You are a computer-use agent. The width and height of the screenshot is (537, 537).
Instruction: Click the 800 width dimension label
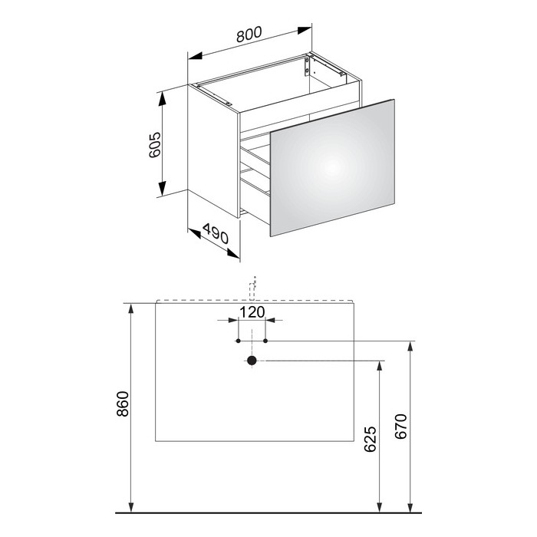[x=249, y=34]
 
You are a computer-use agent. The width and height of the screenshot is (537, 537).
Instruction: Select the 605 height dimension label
[x=155, y=144]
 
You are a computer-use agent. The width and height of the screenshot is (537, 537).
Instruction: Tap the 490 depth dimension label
[x=215, y=233]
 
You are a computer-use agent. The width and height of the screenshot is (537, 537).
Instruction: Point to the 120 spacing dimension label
[x=252, y=312]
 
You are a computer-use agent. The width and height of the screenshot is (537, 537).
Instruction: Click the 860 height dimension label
[x=122, y=404]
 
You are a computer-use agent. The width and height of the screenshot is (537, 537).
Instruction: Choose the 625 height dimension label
[x=371, y=439]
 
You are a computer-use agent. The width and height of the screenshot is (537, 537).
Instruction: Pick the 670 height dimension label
[x=400, y=426]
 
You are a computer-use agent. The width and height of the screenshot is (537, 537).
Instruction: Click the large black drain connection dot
[x=252, y=361]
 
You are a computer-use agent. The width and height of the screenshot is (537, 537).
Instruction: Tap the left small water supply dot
[x=239, y=341]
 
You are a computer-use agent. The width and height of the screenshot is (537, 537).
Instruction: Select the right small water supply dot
[x=265, y=341]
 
